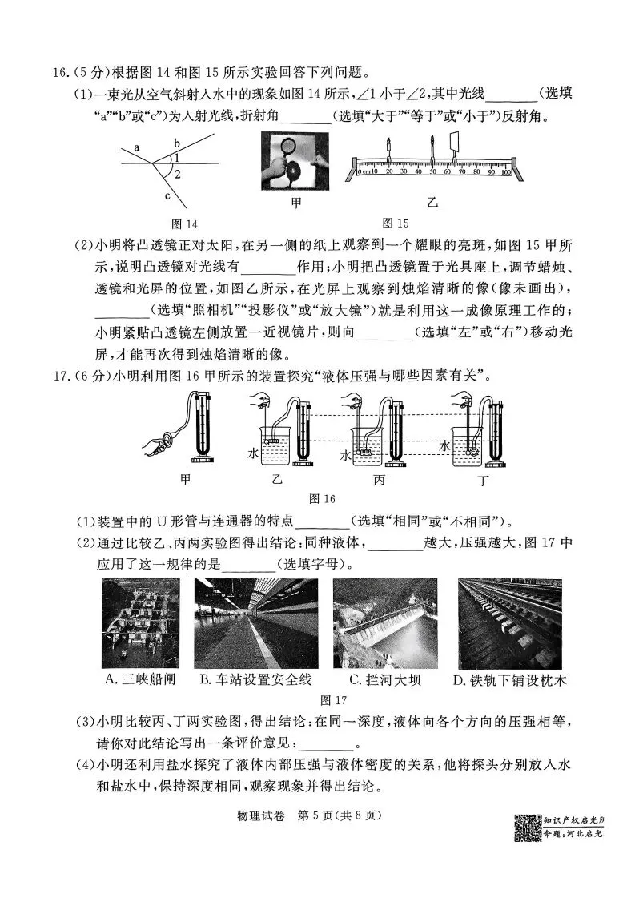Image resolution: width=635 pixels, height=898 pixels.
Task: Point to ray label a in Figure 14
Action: point(137,148)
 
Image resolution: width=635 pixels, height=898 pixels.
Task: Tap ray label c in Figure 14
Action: point(167,195)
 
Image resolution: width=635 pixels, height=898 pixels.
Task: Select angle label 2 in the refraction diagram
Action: point(177,174)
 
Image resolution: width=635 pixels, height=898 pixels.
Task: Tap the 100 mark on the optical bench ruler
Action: point(506,171)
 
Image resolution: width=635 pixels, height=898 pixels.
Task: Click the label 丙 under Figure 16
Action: point(379,480)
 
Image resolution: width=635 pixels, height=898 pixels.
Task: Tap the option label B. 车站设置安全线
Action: point(255,679)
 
